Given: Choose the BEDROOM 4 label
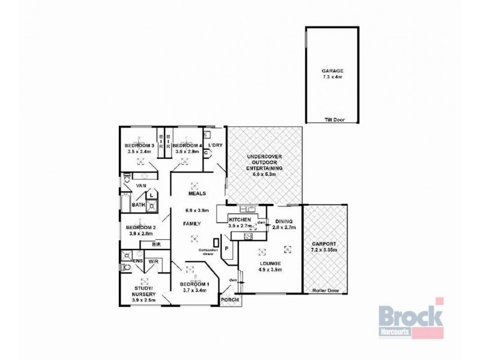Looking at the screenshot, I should coord(187,146).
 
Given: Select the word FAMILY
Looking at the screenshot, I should coord(192,223).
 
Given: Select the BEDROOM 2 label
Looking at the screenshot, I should coord(141,228).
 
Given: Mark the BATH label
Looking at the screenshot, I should coord(139,205).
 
